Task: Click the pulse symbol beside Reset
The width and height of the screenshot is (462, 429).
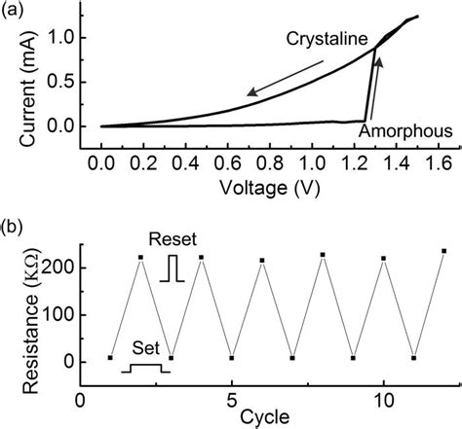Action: point(173,267)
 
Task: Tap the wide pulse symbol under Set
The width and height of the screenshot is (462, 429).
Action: point(145,369)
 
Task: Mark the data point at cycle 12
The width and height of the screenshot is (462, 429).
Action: point(444,251)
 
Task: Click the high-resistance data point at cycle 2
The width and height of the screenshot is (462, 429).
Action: point(140,258)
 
